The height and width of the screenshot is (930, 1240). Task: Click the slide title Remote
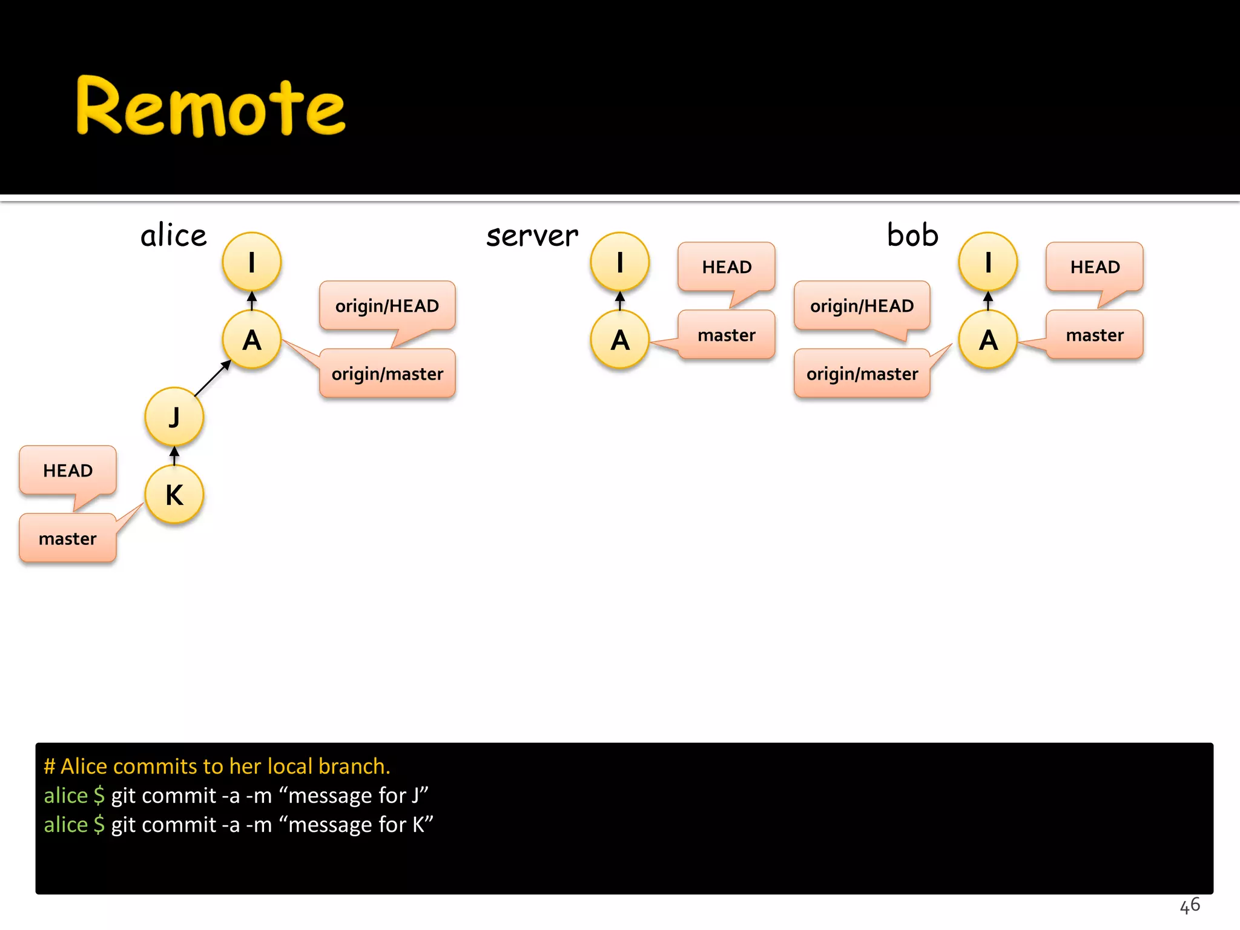[210, 107]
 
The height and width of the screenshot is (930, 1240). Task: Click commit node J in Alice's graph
[174, 417]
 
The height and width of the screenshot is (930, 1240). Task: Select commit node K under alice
[174, 495]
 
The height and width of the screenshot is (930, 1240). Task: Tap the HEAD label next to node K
[68, 470]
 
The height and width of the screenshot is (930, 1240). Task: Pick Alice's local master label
[67, 538]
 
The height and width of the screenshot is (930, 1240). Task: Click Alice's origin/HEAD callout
[387, 306]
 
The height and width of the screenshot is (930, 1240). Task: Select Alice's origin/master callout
[387, 374]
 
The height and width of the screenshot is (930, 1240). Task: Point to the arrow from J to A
[213, 378]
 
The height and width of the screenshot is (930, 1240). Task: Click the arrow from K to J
[174, 455]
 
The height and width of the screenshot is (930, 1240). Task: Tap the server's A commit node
[619, 340]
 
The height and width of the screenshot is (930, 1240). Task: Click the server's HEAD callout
[727, 267]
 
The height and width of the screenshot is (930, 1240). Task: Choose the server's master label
[727, 335]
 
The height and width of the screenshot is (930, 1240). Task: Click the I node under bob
[988, 262]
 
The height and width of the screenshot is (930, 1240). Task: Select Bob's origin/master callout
[862, 374]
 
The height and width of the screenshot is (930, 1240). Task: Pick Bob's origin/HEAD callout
[862, 306]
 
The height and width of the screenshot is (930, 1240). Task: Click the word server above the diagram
[532, 236]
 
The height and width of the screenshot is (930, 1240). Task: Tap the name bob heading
[912, 235]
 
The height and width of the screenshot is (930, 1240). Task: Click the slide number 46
[1189, 906]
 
